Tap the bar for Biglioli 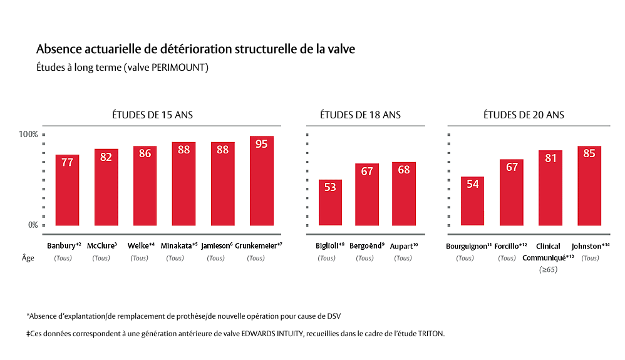pyautogui.click(x=330, y=203)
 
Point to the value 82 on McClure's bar pyautogui.click(x=106, y=157)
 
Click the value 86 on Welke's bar pyautogui.click(x=145, y=153)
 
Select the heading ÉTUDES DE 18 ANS pyautogui.click(x=360, y=115)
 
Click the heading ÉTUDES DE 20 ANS pyautogui.click(x=524, y=115)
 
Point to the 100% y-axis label pyautogui.click(x=28, y=135)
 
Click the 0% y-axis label pyautogui.click(x=33, y=225)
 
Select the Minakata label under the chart pyautogui.click(x=179, y=246)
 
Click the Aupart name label pyautogui.click(x=403, y=246)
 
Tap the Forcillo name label pyautogui.click(x=510, y=246)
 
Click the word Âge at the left pyautogui.click(x=28, y=258)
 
